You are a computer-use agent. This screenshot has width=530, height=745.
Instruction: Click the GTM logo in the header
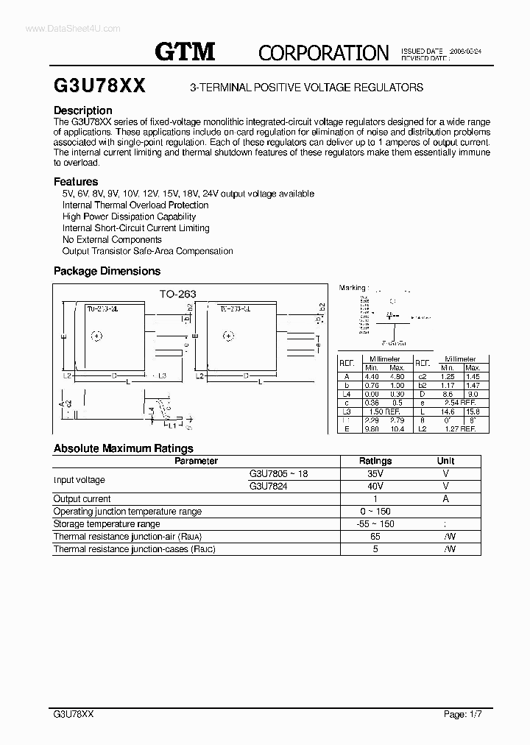click(184, 51)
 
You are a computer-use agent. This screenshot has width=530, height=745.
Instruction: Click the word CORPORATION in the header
click(323, 52)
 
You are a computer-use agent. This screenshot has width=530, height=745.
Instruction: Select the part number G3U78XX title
click(99, 86)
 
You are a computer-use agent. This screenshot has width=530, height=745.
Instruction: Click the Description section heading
click(82, 110)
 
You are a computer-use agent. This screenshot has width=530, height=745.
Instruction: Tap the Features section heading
click(76, 181)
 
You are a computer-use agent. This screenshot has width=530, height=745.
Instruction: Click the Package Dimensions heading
click(107, 271)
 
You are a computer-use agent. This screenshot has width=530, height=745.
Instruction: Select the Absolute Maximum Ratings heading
click(123, 448)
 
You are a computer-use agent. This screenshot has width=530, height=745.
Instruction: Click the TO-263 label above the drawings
click(178, 294)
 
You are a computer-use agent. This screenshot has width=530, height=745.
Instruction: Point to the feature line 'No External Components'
click(112, 239)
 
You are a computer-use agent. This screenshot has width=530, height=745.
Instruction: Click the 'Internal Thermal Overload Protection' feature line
click(135, 205)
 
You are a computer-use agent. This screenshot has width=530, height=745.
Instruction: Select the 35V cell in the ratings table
click(375, 474)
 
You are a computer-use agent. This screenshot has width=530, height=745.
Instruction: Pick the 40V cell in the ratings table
click(375, 487)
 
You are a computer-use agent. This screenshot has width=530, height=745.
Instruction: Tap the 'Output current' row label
click(82, 499)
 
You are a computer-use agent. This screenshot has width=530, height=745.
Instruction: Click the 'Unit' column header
click(445, 461)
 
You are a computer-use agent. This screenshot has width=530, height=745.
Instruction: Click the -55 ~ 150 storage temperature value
click(375, 524)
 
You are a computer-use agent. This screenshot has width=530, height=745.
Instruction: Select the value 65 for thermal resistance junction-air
click(375, 537)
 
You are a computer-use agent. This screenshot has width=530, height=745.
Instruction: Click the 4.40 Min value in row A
click(371, 376)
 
